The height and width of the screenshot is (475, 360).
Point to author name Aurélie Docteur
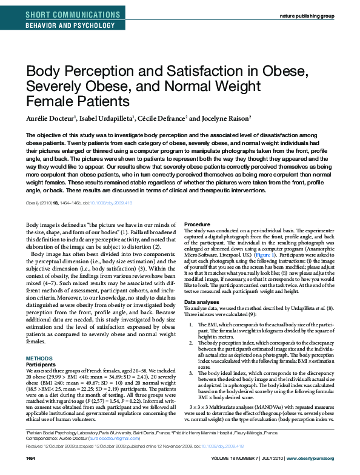(x=53, y=118)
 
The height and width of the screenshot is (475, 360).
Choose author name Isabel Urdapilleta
(x=110, y=118)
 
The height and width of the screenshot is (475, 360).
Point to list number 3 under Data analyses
(x=193, y=372)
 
